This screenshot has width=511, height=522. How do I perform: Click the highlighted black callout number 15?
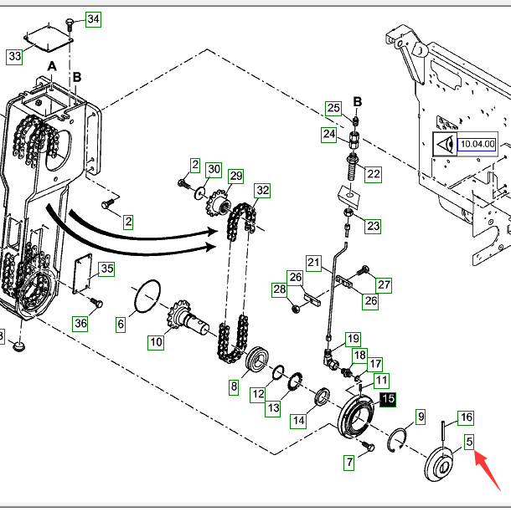coord(388,399)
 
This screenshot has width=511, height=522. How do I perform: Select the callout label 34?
coord(93,19)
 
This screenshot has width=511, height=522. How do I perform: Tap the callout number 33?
coord(15,56)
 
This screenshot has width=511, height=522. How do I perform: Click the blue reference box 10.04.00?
coord(477,145)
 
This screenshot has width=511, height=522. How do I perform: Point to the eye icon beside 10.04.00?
coord(445,145)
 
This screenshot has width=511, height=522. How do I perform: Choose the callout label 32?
coord(262,191)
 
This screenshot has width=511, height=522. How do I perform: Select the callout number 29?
coord(236,176)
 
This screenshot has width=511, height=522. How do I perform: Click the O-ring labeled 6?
coord(147,296)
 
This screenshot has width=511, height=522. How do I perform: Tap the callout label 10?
coord(156,342)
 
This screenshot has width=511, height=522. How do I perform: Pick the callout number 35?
coord(107,269)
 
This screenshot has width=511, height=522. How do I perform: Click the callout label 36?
coord(80,323)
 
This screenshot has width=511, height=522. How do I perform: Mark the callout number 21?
coord(313,263)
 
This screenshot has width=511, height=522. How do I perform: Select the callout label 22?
coord(374,174)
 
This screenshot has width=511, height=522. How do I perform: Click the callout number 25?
coord(333,108)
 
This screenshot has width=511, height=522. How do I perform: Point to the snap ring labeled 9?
coord(397,440)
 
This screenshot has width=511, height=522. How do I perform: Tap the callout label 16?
coord(467,417)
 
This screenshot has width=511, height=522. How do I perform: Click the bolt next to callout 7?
coord(369,446)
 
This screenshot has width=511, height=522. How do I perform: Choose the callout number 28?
coord(280,289)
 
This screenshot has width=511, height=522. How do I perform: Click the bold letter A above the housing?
coord(52,66)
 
